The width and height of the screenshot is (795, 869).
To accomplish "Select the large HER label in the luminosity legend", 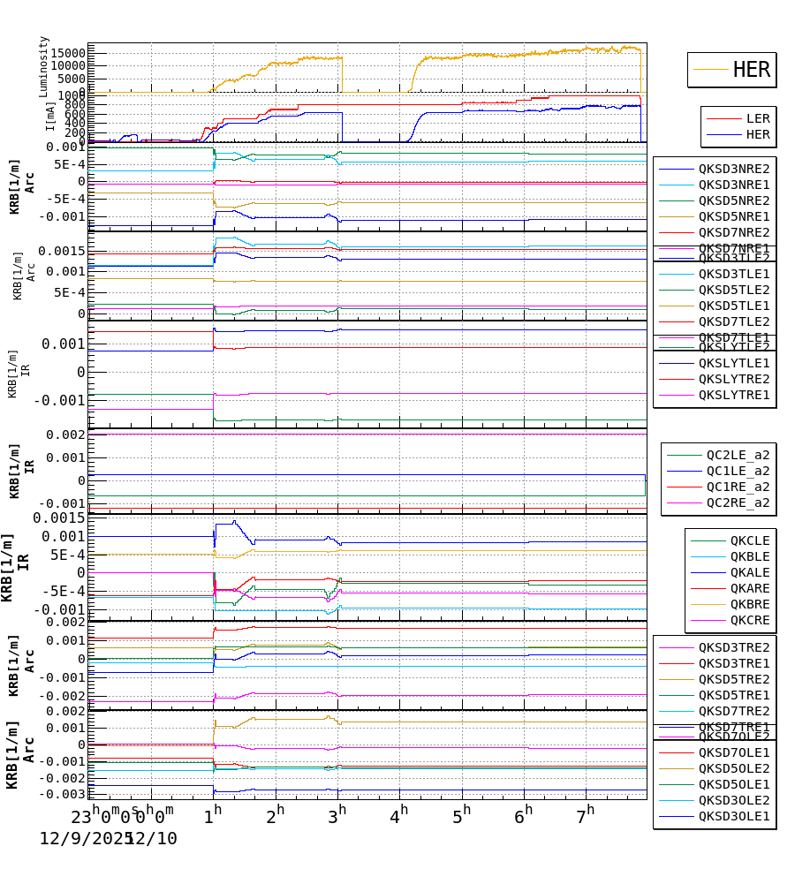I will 751,70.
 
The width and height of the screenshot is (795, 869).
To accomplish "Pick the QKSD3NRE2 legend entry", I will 734,169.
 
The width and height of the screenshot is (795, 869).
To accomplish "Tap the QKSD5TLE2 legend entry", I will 734,290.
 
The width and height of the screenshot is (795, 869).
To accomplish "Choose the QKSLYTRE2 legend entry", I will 734,379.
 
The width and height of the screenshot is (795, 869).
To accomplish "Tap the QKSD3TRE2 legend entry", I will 734,647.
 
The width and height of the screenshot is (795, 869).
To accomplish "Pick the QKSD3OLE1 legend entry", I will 734,816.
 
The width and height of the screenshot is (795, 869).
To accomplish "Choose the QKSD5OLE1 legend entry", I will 734,784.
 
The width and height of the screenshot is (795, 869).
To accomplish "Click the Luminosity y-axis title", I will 44,66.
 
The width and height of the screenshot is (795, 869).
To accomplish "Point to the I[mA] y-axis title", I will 50,115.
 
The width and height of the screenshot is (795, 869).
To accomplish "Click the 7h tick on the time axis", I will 587,812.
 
